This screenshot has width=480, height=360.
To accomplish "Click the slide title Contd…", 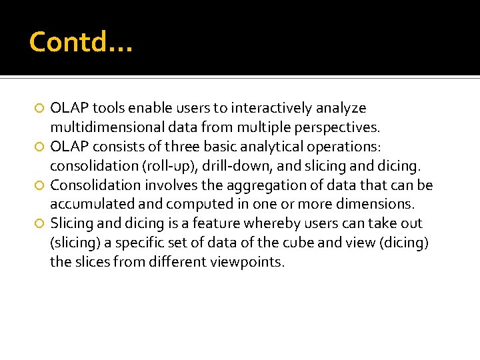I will [x=81, y=42].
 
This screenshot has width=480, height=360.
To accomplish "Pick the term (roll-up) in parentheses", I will [x=144, y=166].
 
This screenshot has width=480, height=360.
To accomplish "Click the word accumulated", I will [x=93, y=204].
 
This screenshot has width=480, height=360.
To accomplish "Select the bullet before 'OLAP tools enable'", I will [x=40, y=109].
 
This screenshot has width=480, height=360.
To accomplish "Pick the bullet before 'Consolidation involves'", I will [x=40, y=185].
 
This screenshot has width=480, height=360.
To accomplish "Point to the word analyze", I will [x=341, y=108].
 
